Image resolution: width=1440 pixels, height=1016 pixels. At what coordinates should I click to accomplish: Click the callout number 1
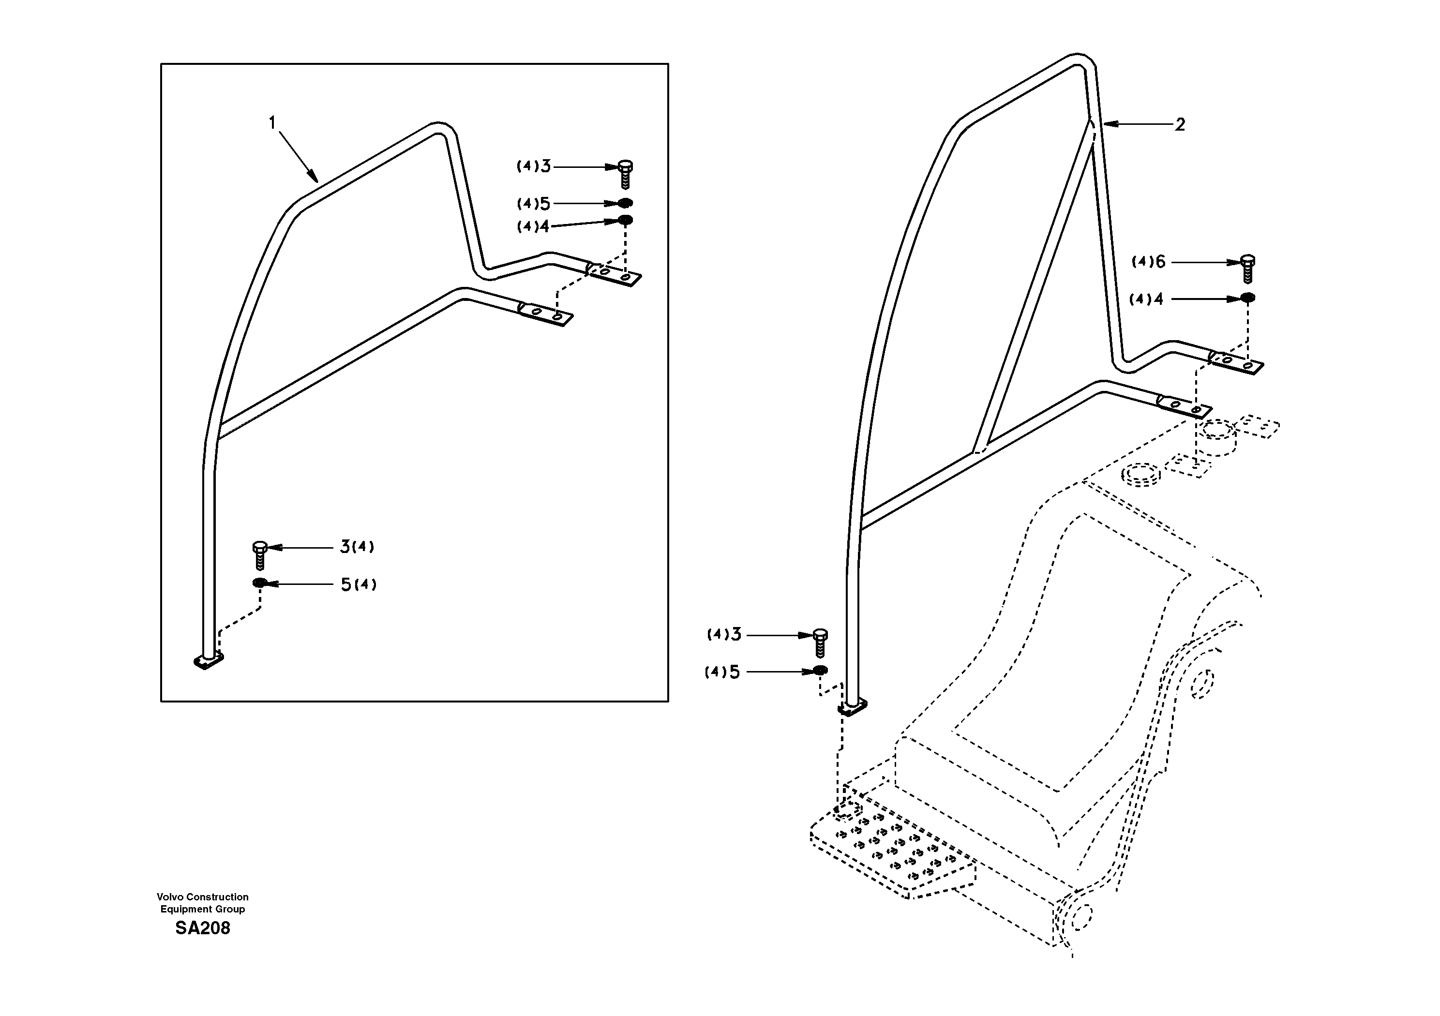pos(272,123)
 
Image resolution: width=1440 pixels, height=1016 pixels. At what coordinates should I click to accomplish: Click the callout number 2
pos(1180,125)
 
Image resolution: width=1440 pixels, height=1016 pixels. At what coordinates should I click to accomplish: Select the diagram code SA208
pos(203,928)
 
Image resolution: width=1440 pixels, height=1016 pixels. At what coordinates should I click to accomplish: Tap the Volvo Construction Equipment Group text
pos(203,903)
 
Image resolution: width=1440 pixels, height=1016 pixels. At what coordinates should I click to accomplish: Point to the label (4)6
pos(1148,262)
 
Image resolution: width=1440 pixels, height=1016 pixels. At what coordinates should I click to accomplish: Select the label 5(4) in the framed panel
pos(358,584)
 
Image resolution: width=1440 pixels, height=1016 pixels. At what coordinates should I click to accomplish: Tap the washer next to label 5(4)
pos(259,583)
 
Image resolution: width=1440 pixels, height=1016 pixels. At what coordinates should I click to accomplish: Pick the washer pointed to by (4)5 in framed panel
pos(625,203)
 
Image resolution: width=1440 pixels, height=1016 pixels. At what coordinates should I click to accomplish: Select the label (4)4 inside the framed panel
pos(532,226)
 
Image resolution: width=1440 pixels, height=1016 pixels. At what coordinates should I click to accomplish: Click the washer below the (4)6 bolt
pos(1248,298)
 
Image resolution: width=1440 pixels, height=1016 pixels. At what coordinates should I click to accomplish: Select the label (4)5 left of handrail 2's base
pos(722,672)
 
